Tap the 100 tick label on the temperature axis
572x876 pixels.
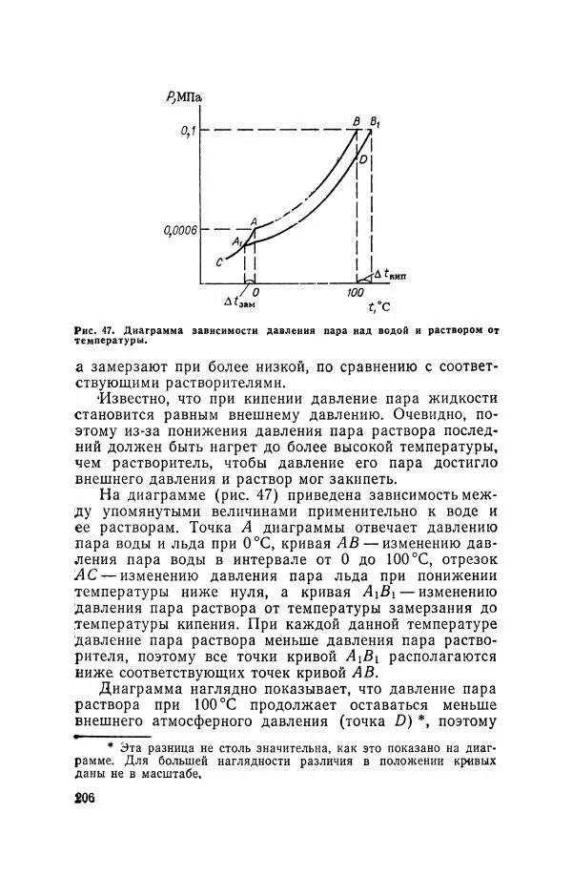(355, 292)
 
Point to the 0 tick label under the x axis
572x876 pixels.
(255, 292)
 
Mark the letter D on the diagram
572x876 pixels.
(363, 159)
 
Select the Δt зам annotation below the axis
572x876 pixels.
(239, 302)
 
